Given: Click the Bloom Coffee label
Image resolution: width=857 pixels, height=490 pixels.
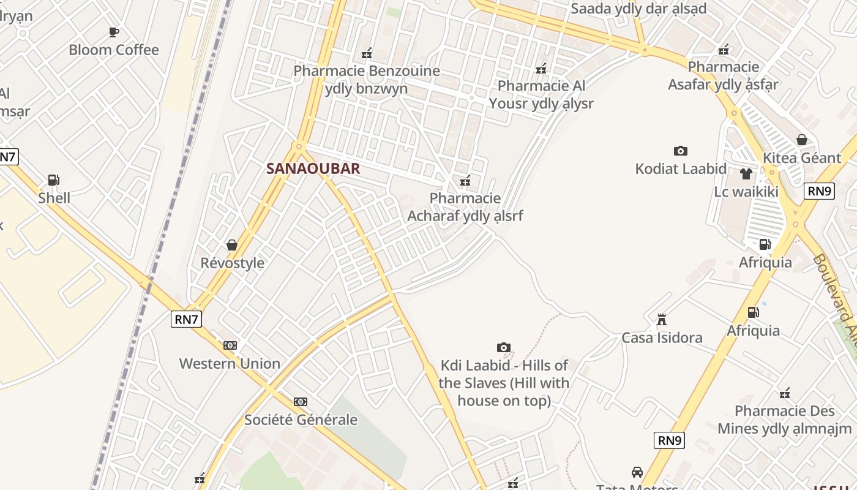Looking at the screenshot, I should [114, 50].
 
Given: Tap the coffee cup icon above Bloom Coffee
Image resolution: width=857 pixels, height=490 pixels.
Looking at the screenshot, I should [114, 32].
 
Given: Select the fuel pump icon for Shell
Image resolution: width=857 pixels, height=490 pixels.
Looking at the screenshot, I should [54, 180].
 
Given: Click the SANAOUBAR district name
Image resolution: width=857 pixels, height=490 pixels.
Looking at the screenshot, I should [313, 168].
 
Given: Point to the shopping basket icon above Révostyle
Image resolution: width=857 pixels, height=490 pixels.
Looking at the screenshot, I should [232, 245].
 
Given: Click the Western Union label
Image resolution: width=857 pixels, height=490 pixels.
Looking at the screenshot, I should [230, 363].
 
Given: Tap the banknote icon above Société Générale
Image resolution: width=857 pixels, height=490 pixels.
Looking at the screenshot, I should [300, 402].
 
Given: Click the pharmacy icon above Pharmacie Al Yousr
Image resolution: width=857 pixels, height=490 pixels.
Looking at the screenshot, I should [541, 68].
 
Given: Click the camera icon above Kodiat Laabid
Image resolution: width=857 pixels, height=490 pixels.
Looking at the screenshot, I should [681, 151].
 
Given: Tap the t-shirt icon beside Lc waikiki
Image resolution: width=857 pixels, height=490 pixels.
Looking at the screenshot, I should [746, 174].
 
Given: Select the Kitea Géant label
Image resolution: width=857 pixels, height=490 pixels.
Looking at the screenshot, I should [802, 158].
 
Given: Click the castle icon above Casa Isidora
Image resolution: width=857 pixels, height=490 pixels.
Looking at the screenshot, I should [661, 320].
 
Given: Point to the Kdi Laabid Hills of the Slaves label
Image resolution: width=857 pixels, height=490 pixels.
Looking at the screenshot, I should [504, 383].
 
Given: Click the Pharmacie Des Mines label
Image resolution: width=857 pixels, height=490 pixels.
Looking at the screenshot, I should [784, 420].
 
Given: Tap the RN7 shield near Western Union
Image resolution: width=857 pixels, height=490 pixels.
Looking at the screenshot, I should [187, 318].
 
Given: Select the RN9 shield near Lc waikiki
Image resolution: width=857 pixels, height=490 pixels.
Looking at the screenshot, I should [820, 191].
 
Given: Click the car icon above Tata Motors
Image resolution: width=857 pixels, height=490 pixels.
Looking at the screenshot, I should [637, 472].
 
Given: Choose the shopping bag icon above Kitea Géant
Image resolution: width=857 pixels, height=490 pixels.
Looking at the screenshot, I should [802, 140].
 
